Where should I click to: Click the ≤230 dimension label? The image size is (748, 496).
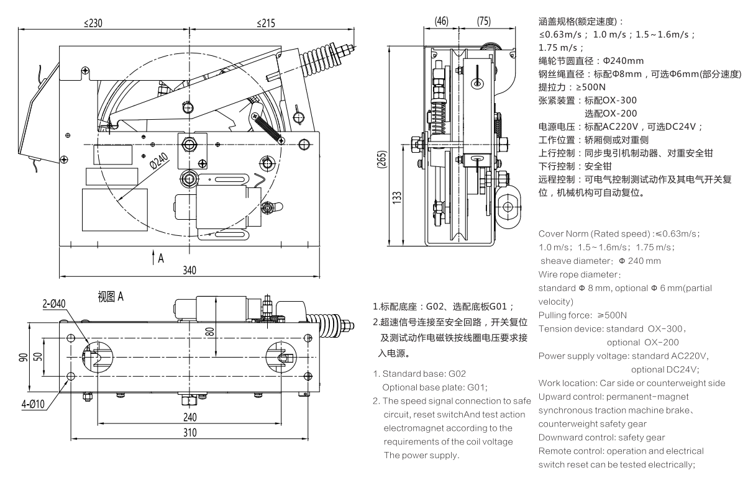[94, 23]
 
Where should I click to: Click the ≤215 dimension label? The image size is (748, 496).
[268, 23]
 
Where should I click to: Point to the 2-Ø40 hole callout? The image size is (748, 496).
[55, 304]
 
